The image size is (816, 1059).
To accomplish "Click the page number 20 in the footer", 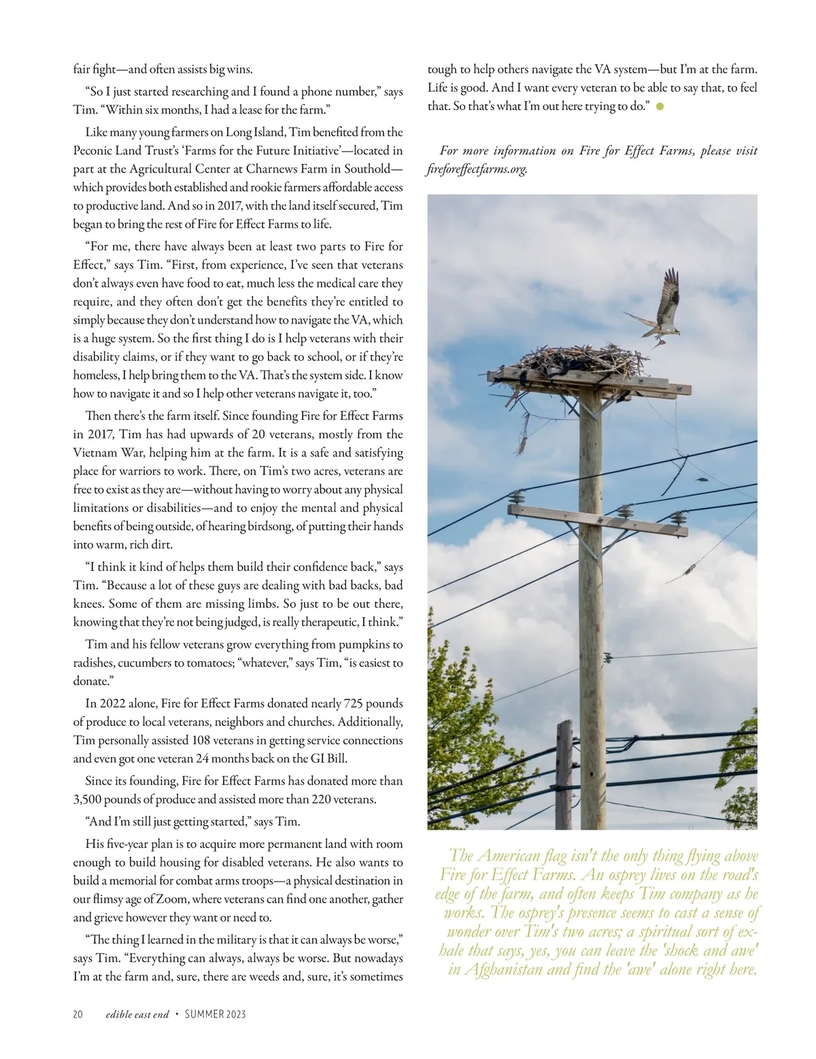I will click(78, 1015).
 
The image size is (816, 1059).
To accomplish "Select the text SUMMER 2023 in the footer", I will click(216, 1015).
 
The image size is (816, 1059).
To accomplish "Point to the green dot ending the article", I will click(660, 107).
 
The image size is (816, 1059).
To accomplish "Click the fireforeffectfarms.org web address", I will click(477, 169).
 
